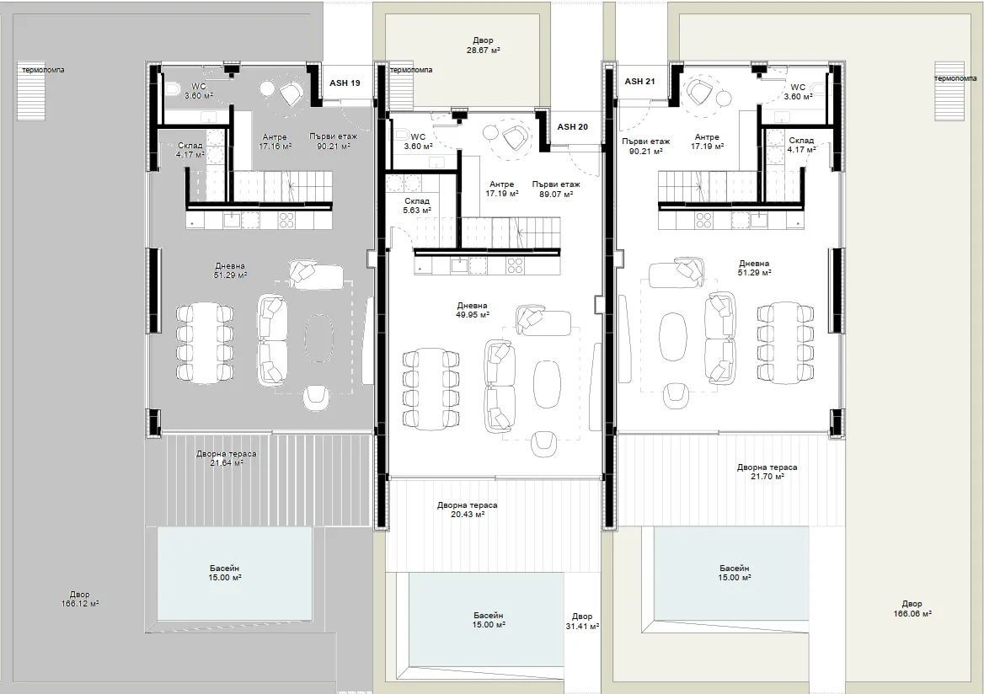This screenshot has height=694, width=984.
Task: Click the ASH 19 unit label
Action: point(345,83)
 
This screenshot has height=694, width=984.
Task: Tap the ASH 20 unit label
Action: point(572,126)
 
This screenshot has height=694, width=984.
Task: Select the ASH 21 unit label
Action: point(639,82)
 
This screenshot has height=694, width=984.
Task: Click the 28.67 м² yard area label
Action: point(483,45)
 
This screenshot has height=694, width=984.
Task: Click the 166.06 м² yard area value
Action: point(912,614)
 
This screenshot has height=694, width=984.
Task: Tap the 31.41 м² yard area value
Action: point(582,627)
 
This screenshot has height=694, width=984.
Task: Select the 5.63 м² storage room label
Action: point(417,206)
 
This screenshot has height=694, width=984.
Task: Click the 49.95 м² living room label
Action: point(473,311)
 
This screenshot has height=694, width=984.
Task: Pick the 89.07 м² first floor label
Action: point(555,190)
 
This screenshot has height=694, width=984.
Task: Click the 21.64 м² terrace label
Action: point(226,459)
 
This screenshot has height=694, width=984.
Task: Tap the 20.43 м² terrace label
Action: point(468,510)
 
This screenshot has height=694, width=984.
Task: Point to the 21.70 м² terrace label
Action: point(767,472)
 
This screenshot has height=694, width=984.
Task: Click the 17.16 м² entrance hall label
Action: point(275,141)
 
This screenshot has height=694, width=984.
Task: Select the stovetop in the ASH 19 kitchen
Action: point(286,220)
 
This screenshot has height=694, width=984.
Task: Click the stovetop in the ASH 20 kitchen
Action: point(515,265)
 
